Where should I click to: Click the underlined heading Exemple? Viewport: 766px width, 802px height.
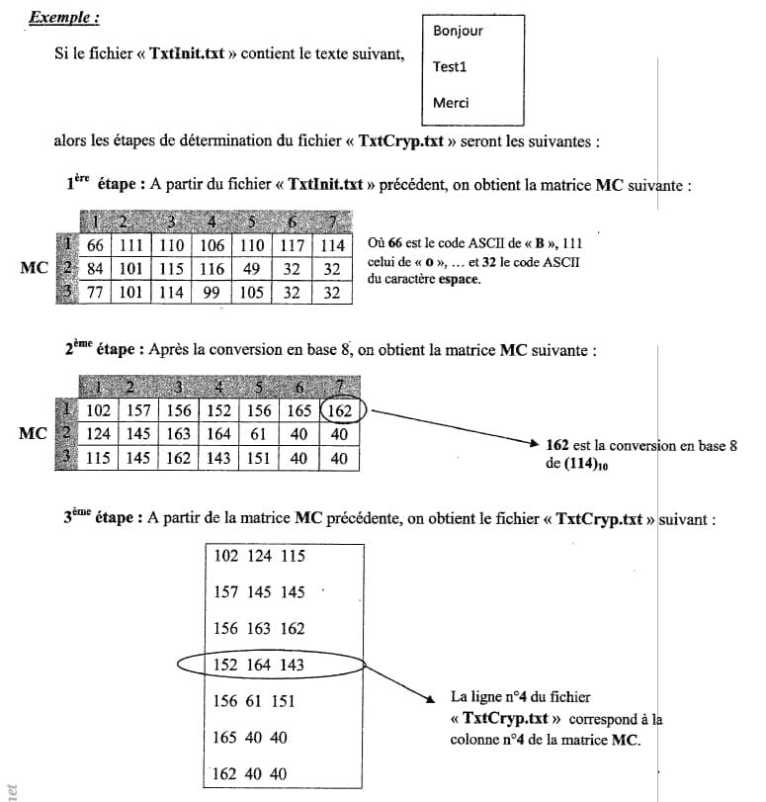click(63, 18)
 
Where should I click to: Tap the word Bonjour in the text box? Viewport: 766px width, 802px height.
click(458, 31)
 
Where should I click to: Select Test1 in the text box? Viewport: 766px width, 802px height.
click(450, 67)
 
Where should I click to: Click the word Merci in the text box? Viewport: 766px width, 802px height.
click(451, 103)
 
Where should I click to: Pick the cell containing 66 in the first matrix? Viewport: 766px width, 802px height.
click(96, 245)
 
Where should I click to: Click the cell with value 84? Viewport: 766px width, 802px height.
click(96, 268)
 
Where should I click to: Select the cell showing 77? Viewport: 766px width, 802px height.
click(96, 292)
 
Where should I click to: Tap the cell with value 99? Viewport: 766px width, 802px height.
click(211, 292)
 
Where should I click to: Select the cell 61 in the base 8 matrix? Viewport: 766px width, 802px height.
click(258, 434)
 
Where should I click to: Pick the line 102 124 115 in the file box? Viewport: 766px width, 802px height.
click(260, 556)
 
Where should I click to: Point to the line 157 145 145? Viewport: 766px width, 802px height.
click(260, 592)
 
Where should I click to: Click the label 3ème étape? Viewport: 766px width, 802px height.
click(102, 517)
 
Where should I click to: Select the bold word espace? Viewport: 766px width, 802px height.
click(460, 281)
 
